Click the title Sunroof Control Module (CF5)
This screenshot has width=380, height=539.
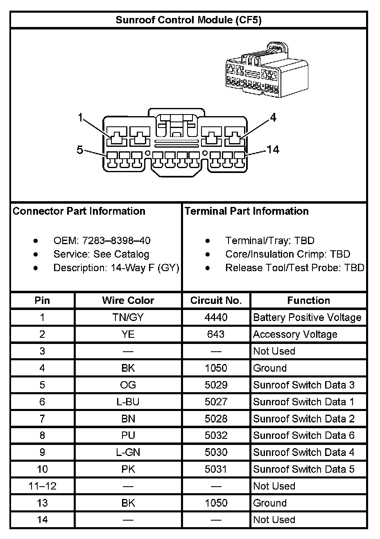(x=188, y=20)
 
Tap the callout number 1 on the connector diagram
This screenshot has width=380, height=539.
(x=81, y=118)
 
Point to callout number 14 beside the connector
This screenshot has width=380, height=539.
(x=273, y=150)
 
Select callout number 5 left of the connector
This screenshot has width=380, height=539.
(x=80, y=150)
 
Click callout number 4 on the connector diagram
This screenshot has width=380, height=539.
(x=273, y=118)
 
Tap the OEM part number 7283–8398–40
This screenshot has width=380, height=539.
(x=116, y=240)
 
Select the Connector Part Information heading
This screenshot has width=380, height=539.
(x=79, y=211)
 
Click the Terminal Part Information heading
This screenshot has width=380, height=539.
(x=247, y=211)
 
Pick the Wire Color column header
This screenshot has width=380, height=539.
(x=128, y=301)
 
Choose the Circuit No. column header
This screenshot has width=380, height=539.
(x=216, y=301)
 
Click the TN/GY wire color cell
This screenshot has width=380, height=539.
(x=128, y=317)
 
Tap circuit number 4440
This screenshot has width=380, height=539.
(x=216, y=317)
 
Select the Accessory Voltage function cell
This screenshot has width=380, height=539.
(x=295, y=335)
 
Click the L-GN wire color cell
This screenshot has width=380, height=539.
(x=128, y=452)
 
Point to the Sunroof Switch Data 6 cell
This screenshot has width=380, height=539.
(x=304, y=436)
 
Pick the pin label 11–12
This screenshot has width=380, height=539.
(x=42, y=486)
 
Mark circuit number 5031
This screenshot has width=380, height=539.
(x=216, y=469)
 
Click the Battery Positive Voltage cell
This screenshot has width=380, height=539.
(x=307, y=317)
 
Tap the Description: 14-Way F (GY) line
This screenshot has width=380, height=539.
(x=116, y=268)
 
